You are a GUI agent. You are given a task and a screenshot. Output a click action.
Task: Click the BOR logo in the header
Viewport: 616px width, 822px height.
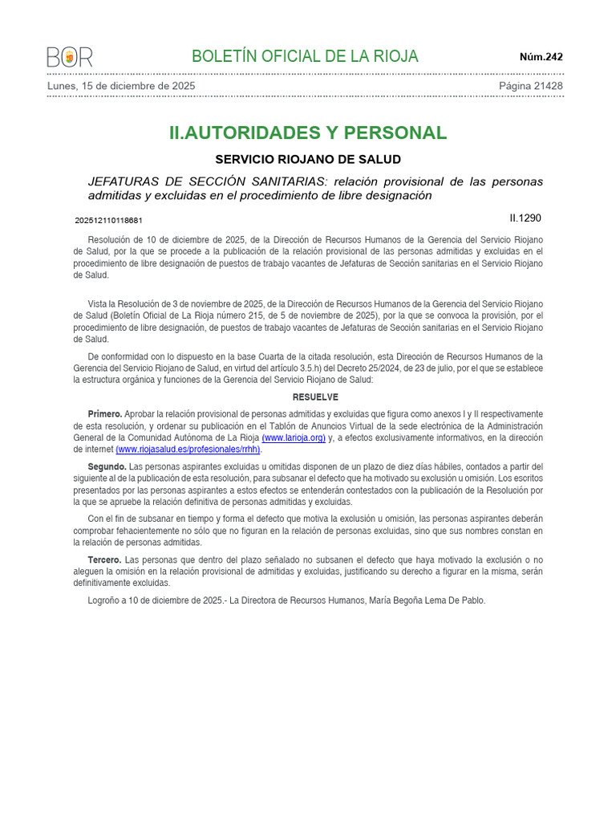[70, 57]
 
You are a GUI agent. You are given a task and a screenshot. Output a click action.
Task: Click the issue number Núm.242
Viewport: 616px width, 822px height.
[541, 57]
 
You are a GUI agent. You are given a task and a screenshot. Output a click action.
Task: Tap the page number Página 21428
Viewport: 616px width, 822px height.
[530, 86]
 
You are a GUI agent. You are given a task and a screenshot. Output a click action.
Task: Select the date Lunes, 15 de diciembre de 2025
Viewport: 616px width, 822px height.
[121, 86]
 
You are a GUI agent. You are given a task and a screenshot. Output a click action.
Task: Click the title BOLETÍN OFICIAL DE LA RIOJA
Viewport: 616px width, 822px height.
[305, 56]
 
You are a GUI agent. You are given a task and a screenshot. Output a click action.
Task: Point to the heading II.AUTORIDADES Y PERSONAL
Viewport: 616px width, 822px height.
[308, 133]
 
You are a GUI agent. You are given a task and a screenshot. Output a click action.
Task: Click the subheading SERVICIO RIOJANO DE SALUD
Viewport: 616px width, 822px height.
[308, 160]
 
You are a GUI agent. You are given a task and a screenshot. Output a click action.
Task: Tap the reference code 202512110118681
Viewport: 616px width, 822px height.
[109, 220]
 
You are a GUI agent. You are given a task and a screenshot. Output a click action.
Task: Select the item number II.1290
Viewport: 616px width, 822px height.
[525, 218]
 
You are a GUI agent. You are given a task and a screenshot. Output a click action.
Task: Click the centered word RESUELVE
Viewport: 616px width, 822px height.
[315, 397]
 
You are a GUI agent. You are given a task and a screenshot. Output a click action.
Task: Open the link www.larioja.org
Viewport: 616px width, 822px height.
[294, 438]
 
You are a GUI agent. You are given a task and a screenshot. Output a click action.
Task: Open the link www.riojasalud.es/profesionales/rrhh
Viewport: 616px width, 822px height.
[188, 450]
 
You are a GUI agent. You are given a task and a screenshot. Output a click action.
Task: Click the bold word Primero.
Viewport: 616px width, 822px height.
[105, 414]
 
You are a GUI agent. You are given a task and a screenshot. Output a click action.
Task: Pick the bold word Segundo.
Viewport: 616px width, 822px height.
[107, 467]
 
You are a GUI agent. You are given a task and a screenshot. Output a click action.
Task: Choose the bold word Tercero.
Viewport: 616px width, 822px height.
[104, 560]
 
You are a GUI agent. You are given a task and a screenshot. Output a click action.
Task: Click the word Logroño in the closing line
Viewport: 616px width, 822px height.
[105, 600]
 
